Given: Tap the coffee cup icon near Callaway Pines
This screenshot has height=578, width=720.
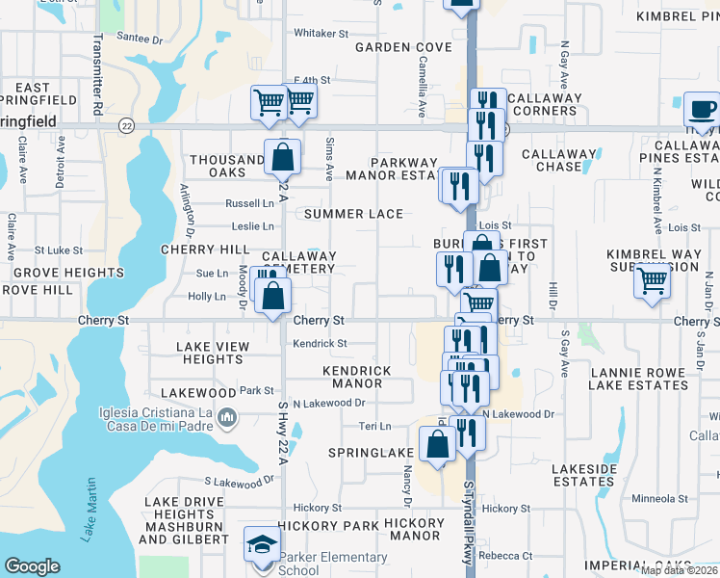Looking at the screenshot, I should tap(702, 109).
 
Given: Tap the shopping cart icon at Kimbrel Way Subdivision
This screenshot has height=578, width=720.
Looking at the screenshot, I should tap(653, 281).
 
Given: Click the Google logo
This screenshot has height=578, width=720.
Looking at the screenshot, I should tap(33, 565).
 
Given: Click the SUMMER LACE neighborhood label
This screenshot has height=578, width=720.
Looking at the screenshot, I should tap(347, 214).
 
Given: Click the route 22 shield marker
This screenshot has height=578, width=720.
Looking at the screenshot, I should tap(126, 125).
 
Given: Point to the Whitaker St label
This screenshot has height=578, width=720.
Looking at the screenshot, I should tap(321, 33).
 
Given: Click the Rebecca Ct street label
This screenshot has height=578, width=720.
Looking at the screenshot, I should tap(512, 556).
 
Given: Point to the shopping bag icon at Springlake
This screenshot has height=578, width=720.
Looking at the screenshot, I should tap(437, 444).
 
